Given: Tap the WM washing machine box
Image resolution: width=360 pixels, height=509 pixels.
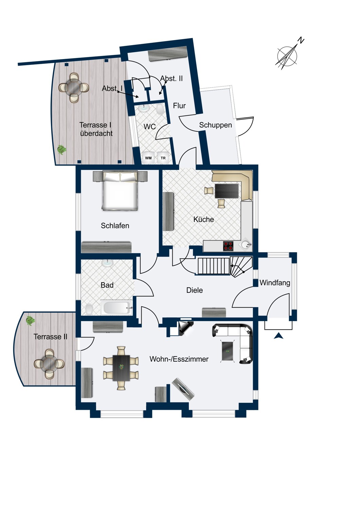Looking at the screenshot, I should [148, 158].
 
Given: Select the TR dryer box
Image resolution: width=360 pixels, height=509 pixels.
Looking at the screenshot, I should [163, 158].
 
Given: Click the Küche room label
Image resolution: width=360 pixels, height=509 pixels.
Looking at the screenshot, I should [203, 220].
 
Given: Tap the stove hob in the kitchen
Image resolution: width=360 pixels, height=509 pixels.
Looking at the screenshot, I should [229, 246].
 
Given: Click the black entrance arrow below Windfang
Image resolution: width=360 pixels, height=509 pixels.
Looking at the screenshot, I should [279, 336].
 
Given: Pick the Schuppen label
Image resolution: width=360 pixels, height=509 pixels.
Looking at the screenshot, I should [215, 125].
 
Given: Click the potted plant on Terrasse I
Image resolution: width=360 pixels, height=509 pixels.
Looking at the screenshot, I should [61, 149].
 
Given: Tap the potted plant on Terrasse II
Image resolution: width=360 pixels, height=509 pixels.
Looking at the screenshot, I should [30, 320].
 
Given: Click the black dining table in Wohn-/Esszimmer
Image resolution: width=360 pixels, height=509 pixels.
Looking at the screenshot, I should [121, 368].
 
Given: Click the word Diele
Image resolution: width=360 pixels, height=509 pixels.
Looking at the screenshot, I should [195, 290].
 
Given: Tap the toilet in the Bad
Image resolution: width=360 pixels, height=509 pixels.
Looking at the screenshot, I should [89, 309].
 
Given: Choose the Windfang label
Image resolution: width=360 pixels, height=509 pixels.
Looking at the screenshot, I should [275, 283].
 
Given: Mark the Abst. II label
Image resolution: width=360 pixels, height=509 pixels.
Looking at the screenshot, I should [172, 78].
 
